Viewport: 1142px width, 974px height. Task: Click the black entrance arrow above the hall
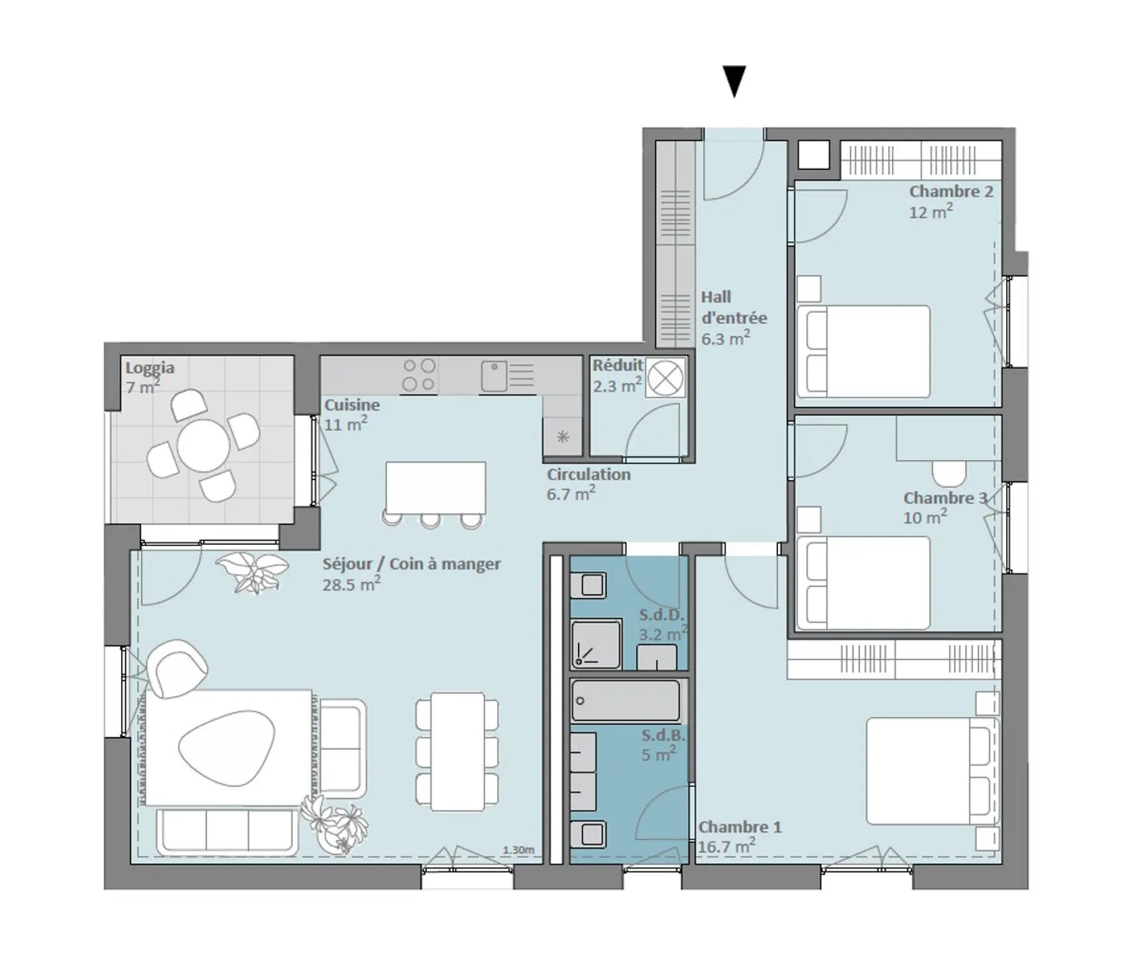click(x=734, y=80)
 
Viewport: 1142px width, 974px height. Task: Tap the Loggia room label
click(x=150, y=368)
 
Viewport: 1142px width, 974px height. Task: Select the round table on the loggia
click(x=203, y=446)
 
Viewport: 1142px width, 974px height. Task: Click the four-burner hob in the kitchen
click(x=419, y=375)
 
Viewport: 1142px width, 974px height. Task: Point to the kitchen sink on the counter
click(x=494, y=376)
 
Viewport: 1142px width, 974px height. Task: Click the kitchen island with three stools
click(x=435, y=487)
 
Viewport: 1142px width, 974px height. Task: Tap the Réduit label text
click(x=618, y=366)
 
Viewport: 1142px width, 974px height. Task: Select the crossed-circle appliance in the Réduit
click(x=665, y=377)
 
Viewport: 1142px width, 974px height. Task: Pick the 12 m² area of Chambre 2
click(x=930, y=212)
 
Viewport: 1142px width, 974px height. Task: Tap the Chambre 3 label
click(x=945, y=498)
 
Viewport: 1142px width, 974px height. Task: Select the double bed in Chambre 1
click(x=929, y=771)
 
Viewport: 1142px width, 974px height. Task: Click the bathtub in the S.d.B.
click(x=626, y=701)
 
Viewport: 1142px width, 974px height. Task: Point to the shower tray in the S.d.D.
click(x=596, y=643)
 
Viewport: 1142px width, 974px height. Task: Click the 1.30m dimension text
click(x=518, y=850)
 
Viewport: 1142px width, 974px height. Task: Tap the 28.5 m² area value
click(x=351, y=585)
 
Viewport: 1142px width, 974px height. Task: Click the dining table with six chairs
click(x=458, y=751)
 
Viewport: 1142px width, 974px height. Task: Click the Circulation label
click(x=588, y=474)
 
